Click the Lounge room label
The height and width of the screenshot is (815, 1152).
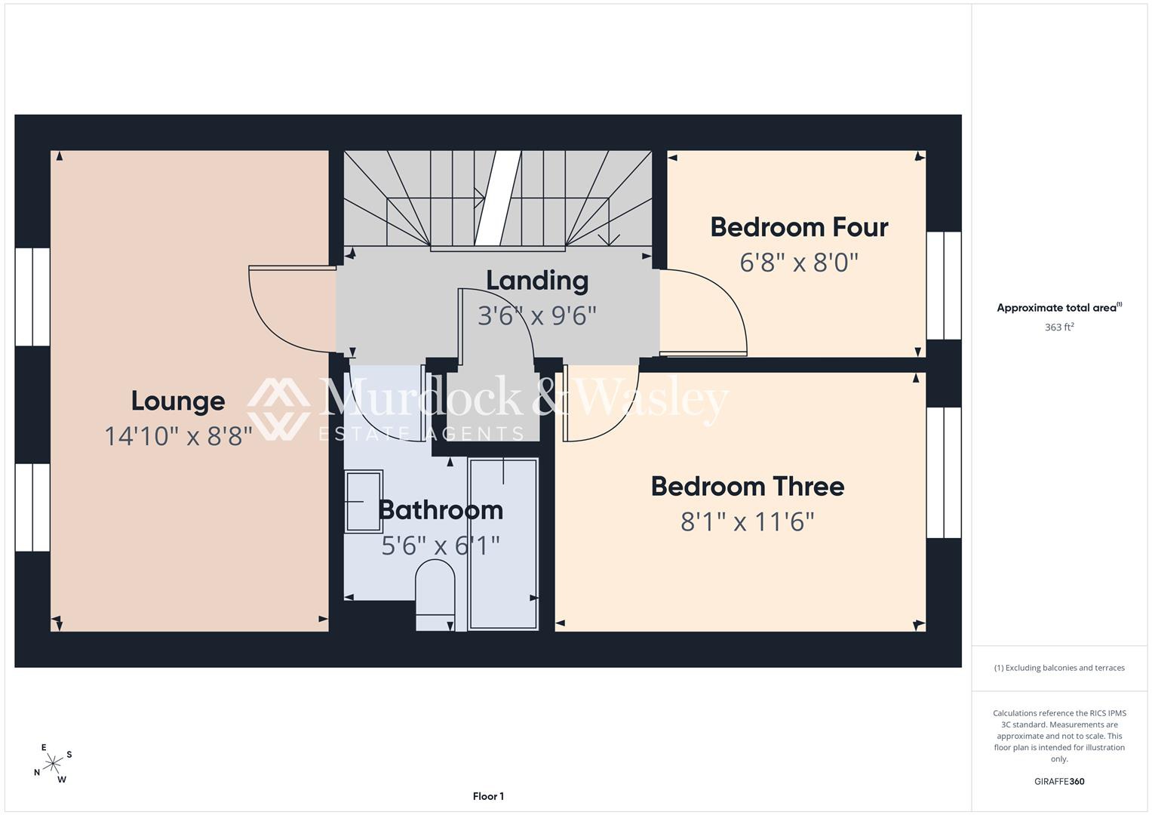click(178, 401)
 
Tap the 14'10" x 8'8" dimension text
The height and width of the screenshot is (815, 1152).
click(179, 436)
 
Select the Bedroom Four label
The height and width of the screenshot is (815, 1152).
click(799, 227)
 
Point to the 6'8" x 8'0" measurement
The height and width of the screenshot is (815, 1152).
click(799, 263)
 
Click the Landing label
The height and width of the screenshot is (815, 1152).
click(537, 281)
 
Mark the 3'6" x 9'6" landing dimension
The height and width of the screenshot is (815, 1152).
click(537, 316)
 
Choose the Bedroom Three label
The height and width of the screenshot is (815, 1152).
click(748, 487)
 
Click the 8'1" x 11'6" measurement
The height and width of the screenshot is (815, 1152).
click(748, 521)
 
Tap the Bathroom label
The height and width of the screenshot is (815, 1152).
click(441, 510)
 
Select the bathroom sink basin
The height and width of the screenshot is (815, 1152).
click(364, 501)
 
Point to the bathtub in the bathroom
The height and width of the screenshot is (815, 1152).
click(503, 544)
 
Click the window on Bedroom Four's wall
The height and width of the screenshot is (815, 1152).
click(944, 285)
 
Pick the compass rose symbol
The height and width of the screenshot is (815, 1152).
click(53, 764)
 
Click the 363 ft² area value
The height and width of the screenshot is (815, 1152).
click(1059, 327)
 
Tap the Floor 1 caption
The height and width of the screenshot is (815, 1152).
click(488, 796)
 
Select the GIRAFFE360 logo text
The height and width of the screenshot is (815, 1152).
click(1059, 781)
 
